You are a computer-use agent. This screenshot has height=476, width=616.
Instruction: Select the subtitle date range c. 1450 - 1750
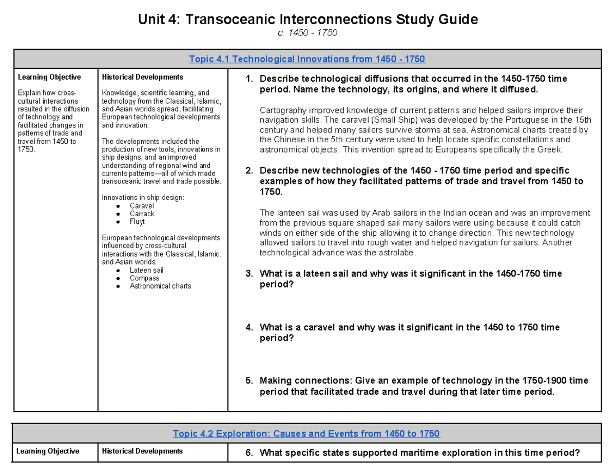[307, 33]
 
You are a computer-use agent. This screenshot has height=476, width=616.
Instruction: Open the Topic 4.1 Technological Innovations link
[307, 59]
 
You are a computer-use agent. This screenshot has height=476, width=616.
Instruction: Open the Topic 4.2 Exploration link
[306, 434]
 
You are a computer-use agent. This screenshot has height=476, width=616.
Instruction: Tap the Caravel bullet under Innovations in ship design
[142, 205]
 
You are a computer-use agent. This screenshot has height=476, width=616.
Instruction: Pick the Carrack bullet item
[142, 214]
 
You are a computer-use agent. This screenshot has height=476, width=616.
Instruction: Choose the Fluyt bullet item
[137, 222]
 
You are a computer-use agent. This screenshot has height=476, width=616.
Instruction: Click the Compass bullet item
[144, 278]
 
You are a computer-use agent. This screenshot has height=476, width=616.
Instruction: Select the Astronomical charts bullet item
[160, 286]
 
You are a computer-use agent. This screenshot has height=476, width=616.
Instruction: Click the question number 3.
[248, 274]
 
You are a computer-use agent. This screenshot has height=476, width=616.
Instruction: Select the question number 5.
[248, 380]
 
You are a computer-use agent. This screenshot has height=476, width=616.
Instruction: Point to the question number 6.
[248, 452]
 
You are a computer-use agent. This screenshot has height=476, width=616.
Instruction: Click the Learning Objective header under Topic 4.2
[48, 451]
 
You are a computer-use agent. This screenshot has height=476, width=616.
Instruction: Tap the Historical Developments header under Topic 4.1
[142, 78]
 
